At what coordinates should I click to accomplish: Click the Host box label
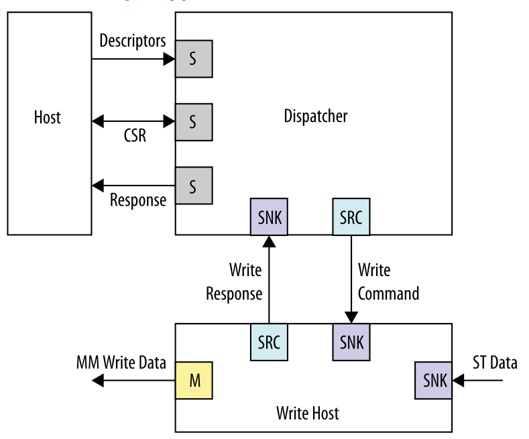(x=47, y=118)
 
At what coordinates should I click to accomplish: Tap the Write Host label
(x=308, y=412)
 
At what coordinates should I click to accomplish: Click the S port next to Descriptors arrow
(x=194, y=59)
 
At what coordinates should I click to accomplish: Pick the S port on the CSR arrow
(x=194, y=122)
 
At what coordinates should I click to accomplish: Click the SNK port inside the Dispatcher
(x=269, y=216)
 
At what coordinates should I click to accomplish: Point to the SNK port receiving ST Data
(x=432, y=381)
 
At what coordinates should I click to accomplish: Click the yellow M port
(x=194, y=381)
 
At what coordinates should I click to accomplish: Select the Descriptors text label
(x=132, y=41)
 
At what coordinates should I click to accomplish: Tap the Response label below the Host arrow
(x=138, y=200)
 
